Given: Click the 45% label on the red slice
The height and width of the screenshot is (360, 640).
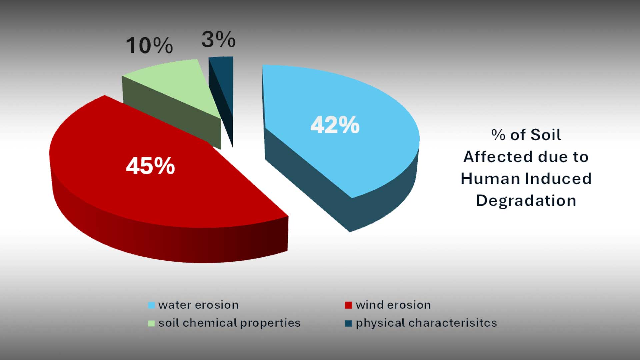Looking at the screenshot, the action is pyautogui.click(x=150, y=166).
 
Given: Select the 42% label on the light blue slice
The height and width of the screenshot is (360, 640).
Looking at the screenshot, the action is pyautogui.click(x=335, y=125).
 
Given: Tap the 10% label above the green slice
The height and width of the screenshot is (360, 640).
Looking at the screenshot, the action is pyautogui.click(x=149, y=45).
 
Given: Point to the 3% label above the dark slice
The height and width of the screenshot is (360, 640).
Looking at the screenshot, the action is pyautogui.click(x=218, y=39).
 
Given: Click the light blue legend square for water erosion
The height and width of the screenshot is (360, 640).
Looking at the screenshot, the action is pyautogui.click(x=151, y=305).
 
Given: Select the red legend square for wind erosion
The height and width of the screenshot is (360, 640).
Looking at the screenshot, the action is pyautogui.click(x=348, y=305).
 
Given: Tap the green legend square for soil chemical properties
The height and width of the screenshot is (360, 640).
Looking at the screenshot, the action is pyautogui.click(x=151, y=323).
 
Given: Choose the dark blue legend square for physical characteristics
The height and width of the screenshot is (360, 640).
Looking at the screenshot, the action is pyautogui.click(x=348, y=323).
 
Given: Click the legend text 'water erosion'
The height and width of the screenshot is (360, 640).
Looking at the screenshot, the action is pyautogui.click(x=198, y=305).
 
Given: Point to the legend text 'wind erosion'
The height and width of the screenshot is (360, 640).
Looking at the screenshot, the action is pyautogui.click(x=393, y=305).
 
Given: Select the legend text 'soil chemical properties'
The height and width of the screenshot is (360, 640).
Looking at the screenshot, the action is pyautogui.click(x=229, y=323).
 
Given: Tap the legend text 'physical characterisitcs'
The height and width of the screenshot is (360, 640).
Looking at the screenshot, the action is pyautogui.click(x=426, y=323).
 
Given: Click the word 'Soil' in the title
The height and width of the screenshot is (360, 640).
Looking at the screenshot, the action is pyautogui.click(x=546, y=135).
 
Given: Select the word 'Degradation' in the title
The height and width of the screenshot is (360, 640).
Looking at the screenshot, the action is pyautogui.click(x=526, y=201).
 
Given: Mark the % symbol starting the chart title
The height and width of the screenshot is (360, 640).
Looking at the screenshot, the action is pyautogui.click(x=498, y=135).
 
